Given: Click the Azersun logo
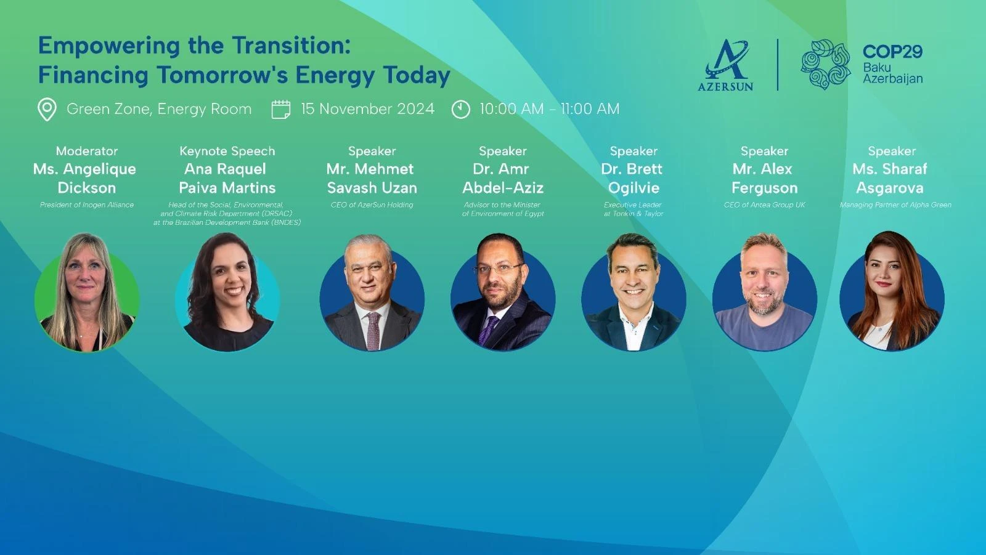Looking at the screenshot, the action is (x=725, y=65).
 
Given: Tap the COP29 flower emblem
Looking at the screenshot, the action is (x=825, y=64).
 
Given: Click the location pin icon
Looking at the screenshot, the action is (x=47, y=109).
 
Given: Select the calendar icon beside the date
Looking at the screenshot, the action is (x=281, y=109).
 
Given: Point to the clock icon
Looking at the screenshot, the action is (x=461, y=109).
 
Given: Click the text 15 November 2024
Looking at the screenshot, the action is (x=367, y=108).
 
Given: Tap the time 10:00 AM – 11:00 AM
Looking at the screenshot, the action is (x=549, y=108).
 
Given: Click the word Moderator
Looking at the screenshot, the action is (x=87, y=151).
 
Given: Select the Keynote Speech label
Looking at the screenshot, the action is (x=227, y=151).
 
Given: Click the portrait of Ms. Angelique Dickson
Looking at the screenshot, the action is (x=87, y=292).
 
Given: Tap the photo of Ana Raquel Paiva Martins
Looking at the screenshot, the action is (x=227, y=292).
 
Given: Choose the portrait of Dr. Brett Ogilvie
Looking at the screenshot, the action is (x=634, y=292).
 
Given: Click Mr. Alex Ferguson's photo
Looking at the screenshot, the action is (x=765, y=292).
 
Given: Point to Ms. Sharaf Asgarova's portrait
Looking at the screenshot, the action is (x=892, y=291).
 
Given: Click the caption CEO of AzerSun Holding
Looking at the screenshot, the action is (x=372, y=205).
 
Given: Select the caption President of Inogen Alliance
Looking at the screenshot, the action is (x=87, y=205).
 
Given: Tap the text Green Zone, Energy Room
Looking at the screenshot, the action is (x=159, y=108).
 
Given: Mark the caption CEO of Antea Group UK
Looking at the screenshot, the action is (x=765, y=205).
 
